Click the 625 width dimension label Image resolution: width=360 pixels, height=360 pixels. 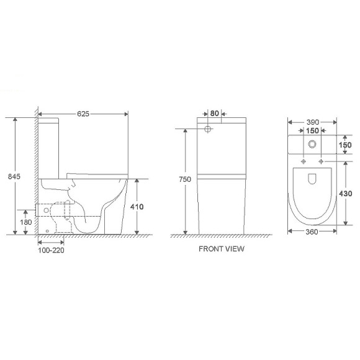pos(83,114)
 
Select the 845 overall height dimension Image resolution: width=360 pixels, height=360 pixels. pos(14,176)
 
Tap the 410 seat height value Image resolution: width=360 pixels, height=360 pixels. pos(137,207)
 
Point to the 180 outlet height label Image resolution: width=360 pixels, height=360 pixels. pos(25,222)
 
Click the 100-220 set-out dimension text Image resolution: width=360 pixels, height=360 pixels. pos(51,250)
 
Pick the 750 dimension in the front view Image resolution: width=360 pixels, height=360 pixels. pos(185,179)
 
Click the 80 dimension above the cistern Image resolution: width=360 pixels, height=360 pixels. pos(214,114)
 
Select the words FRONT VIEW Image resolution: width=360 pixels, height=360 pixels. pos(222,249)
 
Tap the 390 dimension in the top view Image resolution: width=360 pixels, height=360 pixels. pos(313,122)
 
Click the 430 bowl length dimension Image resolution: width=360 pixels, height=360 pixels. pos(346,194)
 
